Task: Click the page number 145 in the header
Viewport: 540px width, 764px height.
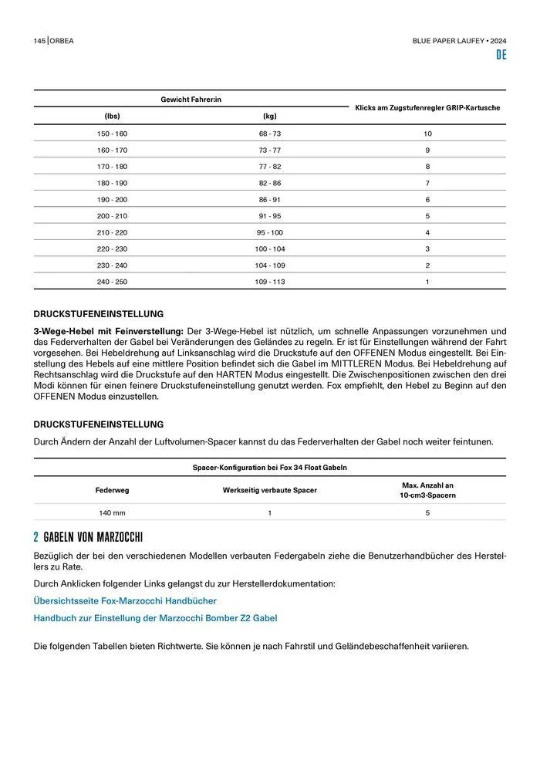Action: click(39, 40)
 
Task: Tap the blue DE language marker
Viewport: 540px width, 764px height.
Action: click(501, 55)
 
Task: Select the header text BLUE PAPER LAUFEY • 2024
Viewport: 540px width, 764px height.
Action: click(459, 40)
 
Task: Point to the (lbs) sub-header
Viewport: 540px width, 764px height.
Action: click(112, 116)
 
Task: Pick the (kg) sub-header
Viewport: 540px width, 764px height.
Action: click(269, 116)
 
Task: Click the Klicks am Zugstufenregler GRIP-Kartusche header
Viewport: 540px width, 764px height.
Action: click(427, 107)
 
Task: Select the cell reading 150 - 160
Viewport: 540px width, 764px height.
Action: click(112, 134)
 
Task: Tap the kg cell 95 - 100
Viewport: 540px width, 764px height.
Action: click(269, 232)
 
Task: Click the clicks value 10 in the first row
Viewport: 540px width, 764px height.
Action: click(427, 134)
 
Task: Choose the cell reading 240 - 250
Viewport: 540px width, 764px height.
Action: click(112, 282)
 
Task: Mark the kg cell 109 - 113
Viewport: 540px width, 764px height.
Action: click(269, 282)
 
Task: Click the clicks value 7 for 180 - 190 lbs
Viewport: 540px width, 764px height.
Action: click(427, 183)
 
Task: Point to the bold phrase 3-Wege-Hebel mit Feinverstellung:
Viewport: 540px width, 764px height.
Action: click(108, 331)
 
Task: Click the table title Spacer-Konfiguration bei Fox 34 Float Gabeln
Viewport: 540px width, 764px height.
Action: click(269, 468)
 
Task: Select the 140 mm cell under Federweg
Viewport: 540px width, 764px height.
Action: click(112, 512)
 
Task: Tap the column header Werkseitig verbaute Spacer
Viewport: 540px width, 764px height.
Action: click(269, 490)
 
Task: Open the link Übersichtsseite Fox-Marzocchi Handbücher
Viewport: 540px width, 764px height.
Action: click(125, 600)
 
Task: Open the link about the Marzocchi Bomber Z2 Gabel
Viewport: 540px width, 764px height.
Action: click(155, 618)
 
